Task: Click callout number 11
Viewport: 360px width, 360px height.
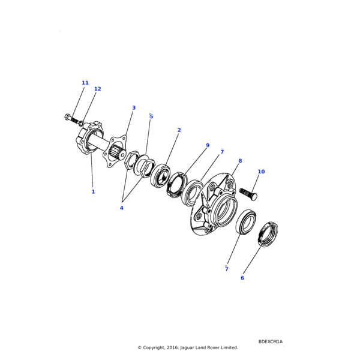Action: pyautogui.click(x=85, y=83)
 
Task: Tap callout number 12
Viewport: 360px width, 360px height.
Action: pyautogui.click(x=98, y=89)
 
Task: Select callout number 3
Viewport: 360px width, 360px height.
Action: pyautogui.click(x=134, y=107)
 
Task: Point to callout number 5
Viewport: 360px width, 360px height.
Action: pyautogui.click(x=151, y=116)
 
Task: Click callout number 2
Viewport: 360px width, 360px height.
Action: pyautogui.click(x=179, y=130)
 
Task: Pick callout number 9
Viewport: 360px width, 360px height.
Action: pyautogui.click(x=208, y=145)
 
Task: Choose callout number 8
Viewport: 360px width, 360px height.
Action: pyautogui.click(x=240, y=161)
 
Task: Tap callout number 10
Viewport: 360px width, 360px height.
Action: pyautogui.click(x=261, y=172)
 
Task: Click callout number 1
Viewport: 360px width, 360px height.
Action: pyautogui.click(x=93, y=191)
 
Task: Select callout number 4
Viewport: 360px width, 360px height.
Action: pyautogui.click(x=122, y=208)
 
